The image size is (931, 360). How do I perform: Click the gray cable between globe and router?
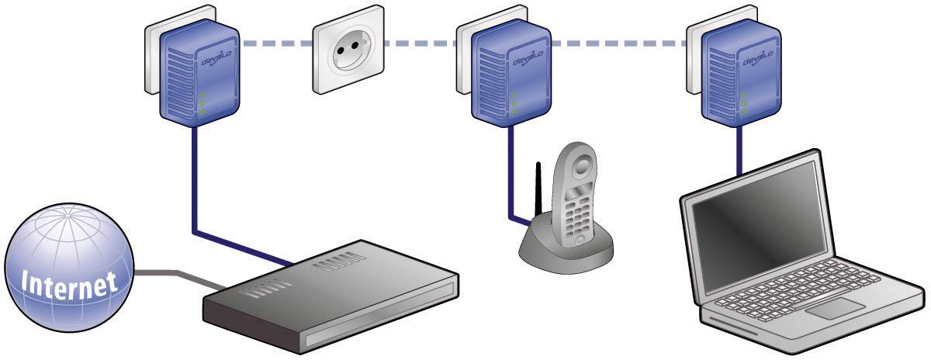[x=171, y=275]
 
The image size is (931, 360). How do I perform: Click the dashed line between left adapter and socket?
[x=275, y=44]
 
